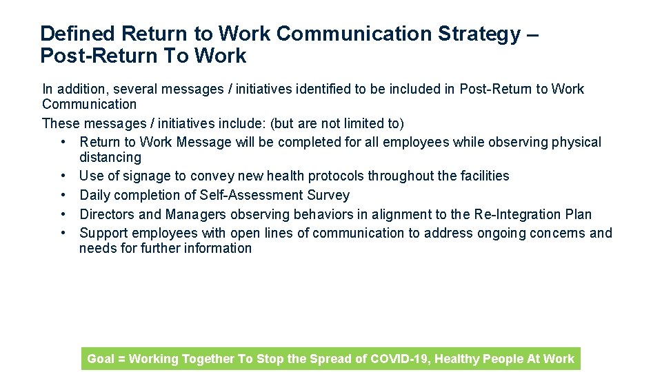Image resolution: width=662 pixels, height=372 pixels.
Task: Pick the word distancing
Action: [110, 158]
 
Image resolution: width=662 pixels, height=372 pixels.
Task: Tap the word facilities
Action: [481, 176]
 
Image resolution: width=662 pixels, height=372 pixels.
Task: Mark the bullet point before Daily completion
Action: [63, 195]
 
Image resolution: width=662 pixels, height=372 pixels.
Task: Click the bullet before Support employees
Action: [63, 233]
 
